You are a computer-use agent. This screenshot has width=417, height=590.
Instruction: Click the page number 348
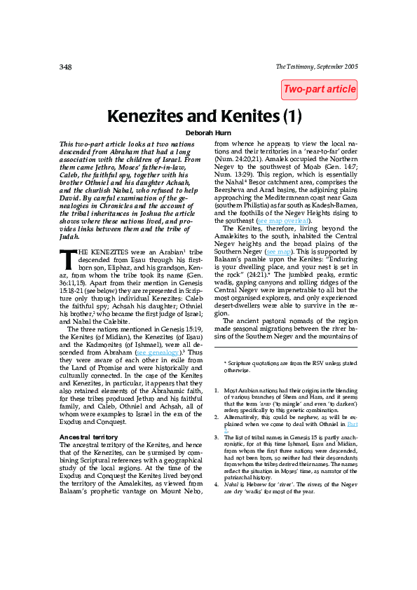pyautogui.click(x=65, y=67)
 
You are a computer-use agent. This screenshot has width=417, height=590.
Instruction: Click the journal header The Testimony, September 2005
pyautogui.click(x=317, y=67)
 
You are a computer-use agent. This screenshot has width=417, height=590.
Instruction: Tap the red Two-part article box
pyautogui.click(x=320, y=90)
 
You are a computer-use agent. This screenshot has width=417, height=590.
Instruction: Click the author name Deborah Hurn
pyautogui.click(x=209, y=132)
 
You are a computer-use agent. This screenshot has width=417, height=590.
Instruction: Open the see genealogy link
pyautogui.click(x=157, y=353)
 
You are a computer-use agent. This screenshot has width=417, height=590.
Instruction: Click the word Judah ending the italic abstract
pyautogui.click(x=71, y=238)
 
